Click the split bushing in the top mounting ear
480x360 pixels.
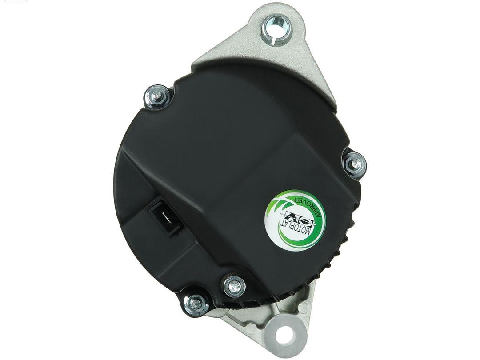click(277, 30)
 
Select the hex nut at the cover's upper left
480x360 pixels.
click(158, 96)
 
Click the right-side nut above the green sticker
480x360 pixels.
click(355, 163)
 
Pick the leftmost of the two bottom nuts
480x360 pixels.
click(196, 304)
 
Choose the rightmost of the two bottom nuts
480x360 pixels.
click(234, 286)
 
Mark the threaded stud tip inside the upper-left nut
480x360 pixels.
click(158, 96)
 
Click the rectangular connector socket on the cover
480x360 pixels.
click(167, 217)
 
